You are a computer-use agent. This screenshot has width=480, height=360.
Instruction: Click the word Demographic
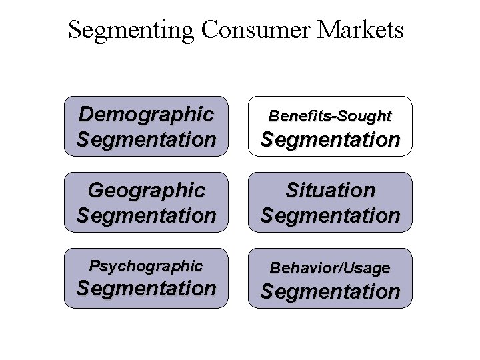[x=146, y=114]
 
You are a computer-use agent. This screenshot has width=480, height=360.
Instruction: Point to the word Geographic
[x=146, y=191]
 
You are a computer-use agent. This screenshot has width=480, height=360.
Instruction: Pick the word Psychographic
[x=146, y=266]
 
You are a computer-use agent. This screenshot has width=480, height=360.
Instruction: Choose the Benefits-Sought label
[x=330, y=116]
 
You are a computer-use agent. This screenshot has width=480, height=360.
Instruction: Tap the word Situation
[x=330, y=191]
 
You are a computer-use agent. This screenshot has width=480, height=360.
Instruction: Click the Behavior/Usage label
[x=330, y=268]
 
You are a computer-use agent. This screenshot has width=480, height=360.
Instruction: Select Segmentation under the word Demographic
[x=146, y=140]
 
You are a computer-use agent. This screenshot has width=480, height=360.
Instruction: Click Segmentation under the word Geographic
[x=146, y=215]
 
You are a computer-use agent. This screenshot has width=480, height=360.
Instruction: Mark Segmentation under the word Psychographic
[x=146, y=289]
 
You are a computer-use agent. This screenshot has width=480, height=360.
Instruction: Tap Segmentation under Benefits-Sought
[x=330, y=140]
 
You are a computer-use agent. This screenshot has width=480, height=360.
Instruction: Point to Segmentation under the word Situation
[x=330, y=215]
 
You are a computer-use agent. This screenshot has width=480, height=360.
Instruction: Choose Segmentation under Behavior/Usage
[x=330, y=291]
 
